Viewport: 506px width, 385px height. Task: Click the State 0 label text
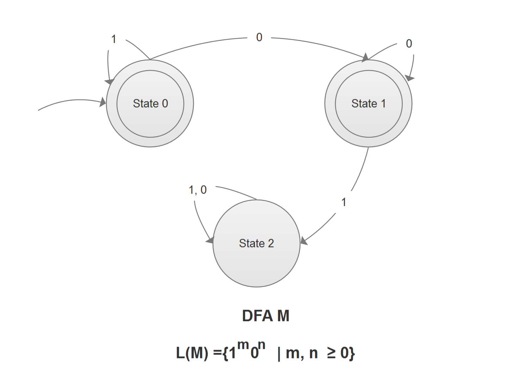150,104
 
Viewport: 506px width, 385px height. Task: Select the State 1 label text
368,104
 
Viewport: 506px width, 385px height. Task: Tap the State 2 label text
256,243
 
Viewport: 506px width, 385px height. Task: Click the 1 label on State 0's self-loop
114,39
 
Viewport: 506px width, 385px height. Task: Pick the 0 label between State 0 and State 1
259,37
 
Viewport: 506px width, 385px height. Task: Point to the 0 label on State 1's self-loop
409,44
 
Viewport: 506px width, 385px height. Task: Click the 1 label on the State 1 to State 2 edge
344,202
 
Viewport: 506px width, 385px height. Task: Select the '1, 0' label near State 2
198,190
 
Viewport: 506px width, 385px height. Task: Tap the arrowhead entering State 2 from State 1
304,241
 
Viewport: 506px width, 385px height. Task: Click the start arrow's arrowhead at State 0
103,103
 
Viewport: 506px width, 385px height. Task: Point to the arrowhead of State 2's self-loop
210,241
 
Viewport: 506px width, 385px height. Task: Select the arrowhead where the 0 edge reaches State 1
365,58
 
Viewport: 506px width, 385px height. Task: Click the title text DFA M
266,316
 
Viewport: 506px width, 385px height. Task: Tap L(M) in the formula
192,353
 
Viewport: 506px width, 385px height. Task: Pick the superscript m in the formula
243,345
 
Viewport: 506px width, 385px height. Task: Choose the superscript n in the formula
261,344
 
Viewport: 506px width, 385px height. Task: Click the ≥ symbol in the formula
331,353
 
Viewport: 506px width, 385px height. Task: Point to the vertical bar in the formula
279,353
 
